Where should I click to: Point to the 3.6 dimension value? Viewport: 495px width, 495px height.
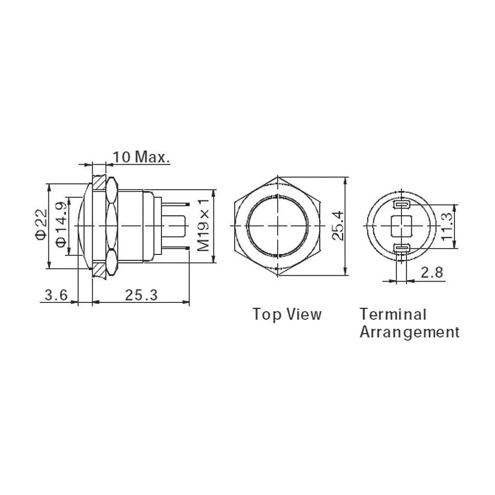(55, 296)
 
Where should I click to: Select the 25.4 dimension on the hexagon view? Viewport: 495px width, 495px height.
(338, 226)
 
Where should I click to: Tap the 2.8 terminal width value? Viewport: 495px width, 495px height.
(432, 272)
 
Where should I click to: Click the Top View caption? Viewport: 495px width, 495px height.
(287, 314)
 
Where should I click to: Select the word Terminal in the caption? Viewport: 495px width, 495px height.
(393, 314)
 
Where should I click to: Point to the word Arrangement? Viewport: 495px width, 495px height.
(409, 332)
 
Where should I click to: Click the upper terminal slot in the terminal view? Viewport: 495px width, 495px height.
(401, 205)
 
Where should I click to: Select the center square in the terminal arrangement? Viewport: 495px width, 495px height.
(401, 226)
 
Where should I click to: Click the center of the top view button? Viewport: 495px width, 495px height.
(279, 226)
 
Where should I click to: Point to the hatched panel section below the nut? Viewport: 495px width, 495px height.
(99, 270)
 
